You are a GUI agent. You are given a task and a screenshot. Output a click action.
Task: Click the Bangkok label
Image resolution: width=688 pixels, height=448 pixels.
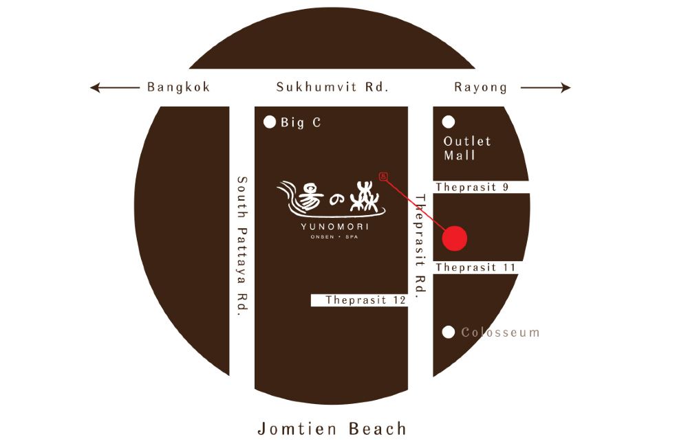(x=178, y=87)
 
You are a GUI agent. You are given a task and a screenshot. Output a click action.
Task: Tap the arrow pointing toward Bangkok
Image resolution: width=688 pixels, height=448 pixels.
(x=114, y=87)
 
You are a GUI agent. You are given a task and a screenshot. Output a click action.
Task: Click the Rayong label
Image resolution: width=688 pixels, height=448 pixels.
(x=480, y=87)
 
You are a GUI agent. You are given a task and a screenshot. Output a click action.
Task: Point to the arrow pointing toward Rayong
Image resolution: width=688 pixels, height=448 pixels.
(x=546, y=87)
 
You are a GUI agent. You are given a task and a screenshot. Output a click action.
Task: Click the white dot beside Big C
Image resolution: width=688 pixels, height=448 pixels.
(x=270, y=123)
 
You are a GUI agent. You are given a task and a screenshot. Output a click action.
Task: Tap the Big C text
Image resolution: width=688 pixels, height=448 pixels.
(x=301, y=123)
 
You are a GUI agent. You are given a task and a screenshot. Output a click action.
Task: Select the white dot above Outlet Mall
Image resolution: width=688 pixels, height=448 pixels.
(x=449, y=122)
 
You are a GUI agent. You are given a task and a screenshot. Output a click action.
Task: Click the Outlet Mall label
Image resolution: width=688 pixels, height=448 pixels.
(x=467, y=148)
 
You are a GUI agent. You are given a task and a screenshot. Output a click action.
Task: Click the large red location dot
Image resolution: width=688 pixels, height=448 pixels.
(x=454, y=238)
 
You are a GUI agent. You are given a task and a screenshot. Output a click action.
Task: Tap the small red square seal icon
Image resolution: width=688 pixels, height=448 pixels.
(x=384, y=177)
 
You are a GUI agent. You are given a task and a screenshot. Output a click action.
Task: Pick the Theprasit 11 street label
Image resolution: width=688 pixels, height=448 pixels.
(x=475, y=267)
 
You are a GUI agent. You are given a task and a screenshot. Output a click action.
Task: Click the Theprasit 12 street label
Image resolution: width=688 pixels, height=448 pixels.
(x=365, y=300)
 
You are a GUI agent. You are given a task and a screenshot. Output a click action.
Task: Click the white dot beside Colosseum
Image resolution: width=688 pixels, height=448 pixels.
(x=449, y=333)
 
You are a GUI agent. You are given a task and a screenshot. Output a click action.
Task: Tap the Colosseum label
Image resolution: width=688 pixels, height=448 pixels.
(x=500, y=333)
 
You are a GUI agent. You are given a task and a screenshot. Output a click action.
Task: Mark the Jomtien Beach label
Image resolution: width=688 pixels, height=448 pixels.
(x=332, y=429)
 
